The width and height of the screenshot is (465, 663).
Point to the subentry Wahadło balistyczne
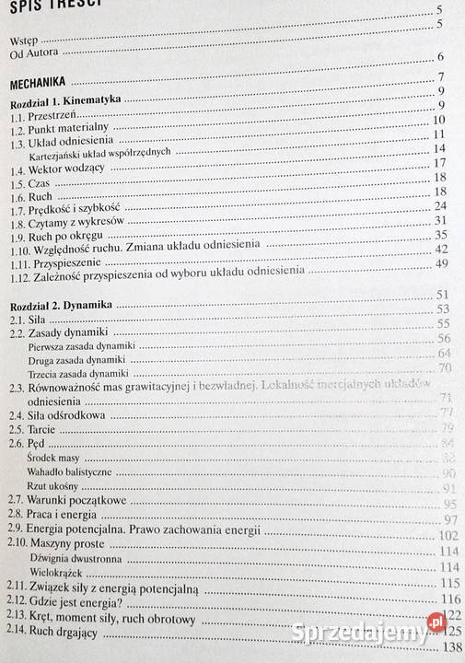point(75,471)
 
